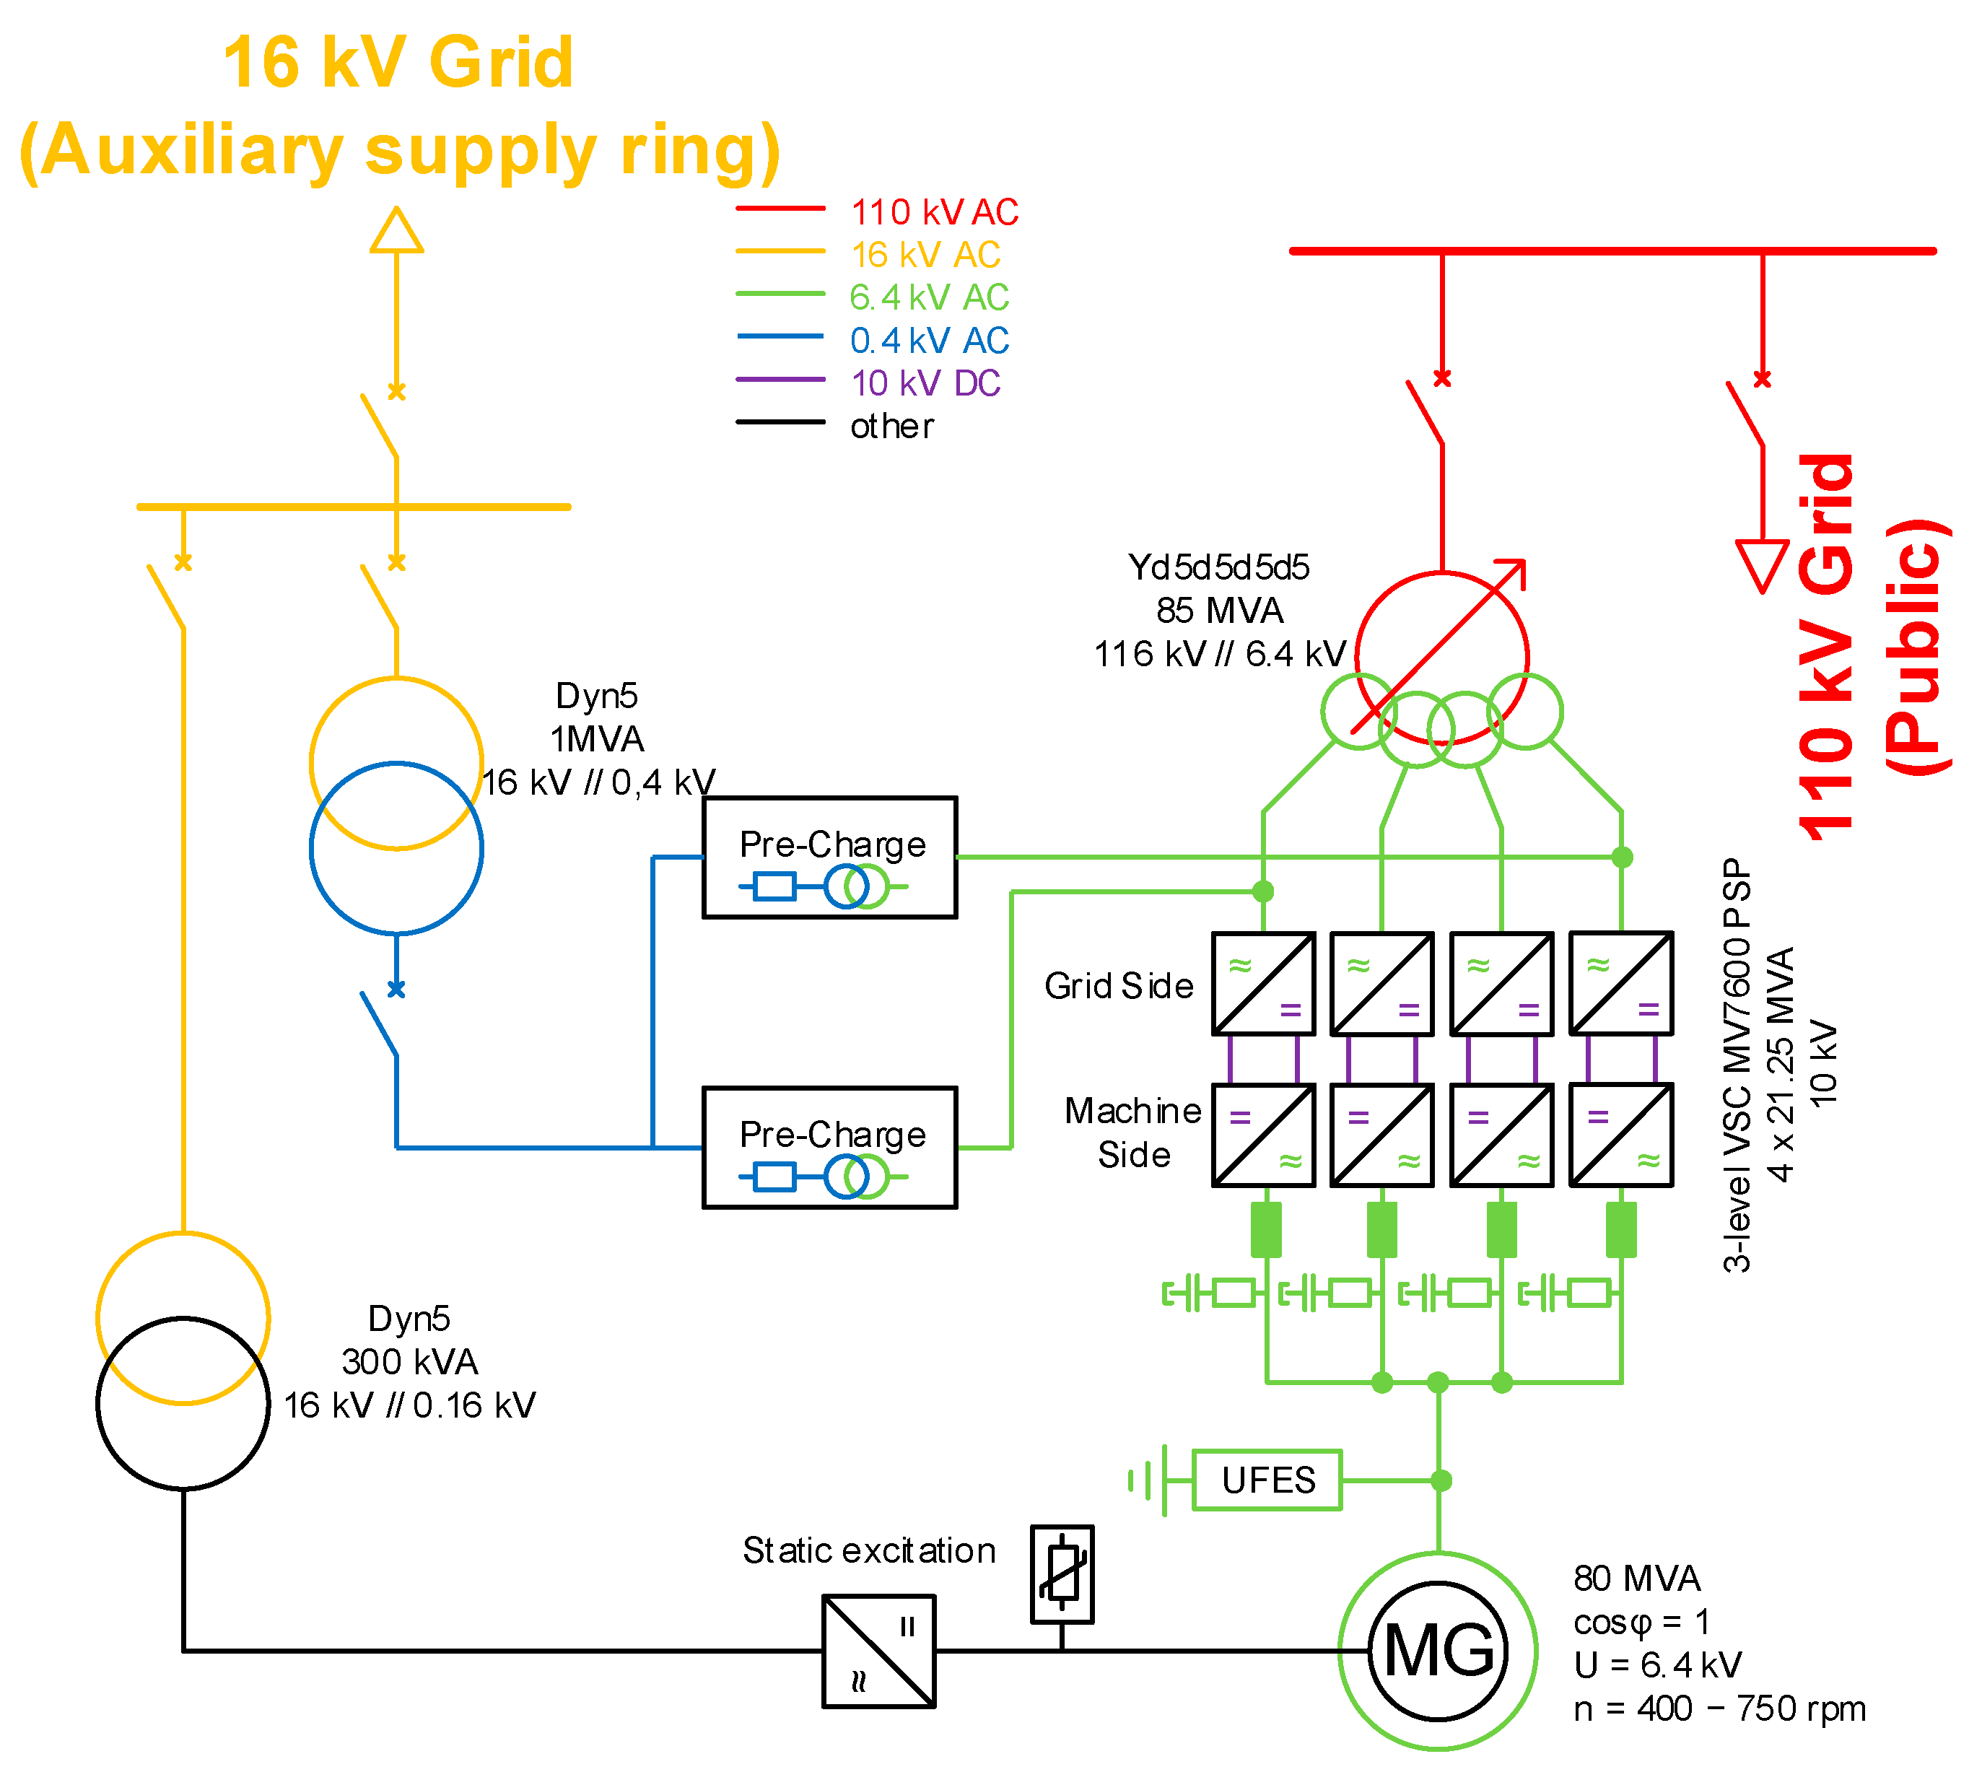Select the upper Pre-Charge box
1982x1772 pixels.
click(830, 857)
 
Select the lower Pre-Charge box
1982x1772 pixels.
click(830, 1148)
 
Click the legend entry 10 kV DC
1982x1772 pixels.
click(925, 383)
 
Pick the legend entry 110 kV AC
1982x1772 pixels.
click(933, 211)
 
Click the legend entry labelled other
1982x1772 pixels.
click(891, 425)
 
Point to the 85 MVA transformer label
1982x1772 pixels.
click(1220, 611)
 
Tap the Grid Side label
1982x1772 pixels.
click(1119, 986)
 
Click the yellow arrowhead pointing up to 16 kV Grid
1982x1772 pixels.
click(396, 232)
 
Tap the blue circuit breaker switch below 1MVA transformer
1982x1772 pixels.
click(380, 1022)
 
